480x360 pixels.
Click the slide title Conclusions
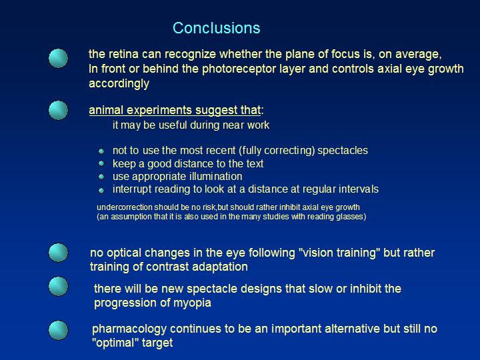[x=217, y=28]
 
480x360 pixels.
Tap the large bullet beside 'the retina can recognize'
[x=58, y=58]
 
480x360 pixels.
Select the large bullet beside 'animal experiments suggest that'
[x=58, y=110]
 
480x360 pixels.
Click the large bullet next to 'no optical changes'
[x=58, y=253]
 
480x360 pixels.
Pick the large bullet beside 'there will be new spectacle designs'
[x=58, y=286]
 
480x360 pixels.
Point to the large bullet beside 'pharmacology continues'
[x=58, y=330]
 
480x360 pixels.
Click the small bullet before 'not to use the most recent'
[x=101, y=151]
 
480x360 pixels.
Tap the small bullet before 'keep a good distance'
[x=101, y=163]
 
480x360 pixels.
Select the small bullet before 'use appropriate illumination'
[x=101, y=177]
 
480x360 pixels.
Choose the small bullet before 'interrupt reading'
[x=101, y=191]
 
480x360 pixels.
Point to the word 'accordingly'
[x=119, y=83]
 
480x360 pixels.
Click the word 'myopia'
[x=192, y=303]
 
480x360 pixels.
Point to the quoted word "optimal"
[x=115, y=343]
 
